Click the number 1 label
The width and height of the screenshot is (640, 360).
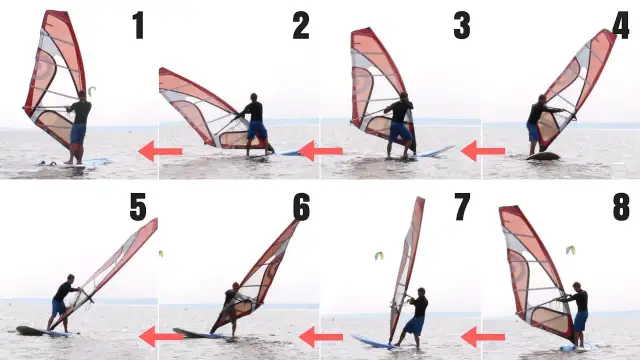tap(138, 26)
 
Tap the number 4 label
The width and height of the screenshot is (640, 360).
tap(620, 26)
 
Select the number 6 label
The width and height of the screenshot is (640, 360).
tap(301, 206)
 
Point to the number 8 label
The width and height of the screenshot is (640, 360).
tap(620, 206)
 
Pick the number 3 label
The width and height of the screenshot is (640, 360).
tap(461, 26)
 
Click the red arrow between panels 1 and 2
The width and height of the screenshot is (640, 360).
tap(160, 151)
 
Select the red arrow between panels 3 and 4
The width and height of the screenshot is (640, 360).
tap(483, 151)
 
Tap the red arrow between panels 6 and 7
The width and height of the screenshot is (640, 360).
tap(321, 336)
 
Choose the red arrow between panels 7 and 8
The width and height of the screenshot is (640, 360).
tap(483, 336)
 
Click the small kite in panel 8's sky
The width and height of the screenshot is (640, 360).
tap(570, 249)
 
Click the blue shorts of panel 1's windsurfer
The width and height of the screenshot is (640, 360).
tap(78, 132)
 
